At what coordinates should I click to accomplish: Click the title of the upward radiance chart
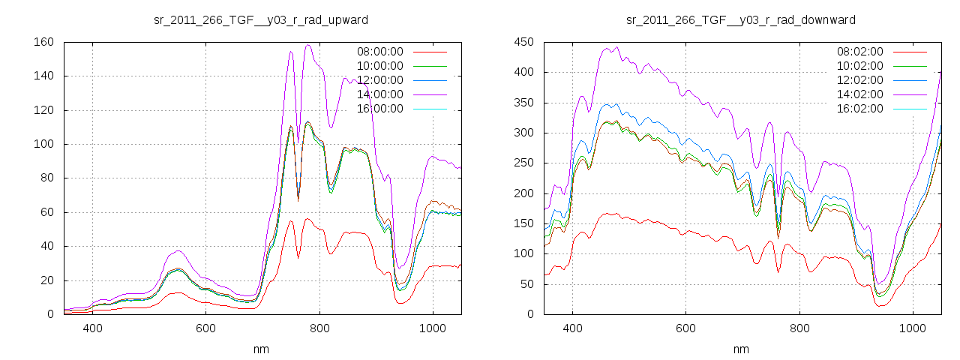[260, 19]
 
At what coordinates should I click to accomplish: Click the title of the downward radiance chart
[740, 19]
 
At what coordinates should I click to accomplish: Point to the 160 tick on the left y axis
[43, 42]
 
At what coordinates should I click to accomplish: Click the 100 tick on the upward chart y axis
[43, 144]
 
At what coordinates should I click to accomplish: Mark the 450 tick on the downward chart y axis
[523, 42]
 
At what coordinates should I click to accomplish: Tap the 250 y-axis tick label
[523, 163]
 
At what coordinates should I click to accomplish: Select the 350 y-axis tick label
[523, 103]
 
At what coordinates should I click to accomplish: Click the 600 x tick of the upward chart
[206, 328]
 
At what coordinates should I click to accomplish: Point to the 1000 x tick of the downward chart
[913, 328]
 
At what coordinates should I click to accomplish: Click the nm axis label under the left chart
[260, 349]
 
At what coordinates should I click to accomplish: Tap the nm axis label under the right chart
[740, 349]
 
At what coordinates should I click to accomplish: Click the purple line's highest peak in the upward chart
[308, 45]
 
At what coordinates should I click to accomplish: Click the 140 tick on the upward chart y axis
[43, 76]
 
